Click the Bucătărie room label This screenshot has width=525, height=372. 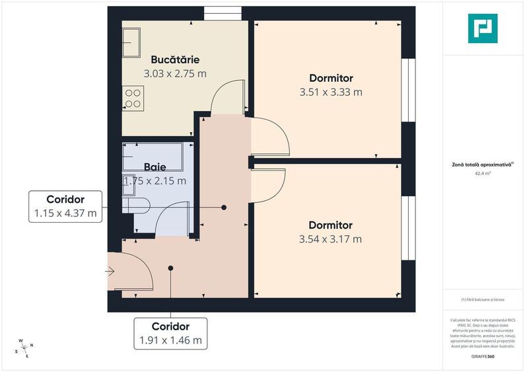(175, 58)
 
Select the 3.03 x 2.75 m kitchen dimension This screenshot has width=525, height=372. (175, 73)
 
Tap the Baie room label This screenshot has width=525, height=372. (155, 167)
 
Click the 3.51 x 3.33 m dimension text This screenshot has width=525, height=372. (330, 92)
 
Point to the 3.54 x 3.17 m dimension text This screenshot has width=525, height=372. (330, 239)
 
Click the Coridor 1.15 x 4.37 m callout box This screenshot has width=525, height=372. (65, 206)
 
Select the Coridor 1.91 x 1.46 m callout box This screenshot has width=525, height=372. (170, 334)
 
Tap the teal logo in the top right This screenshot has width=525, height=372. (483, 28)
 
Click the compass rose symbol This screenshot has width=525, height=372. (24, 349)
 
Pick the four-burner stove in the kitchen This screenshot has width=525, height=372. (133, 98)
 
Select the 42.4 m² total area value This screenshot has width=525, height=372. (483, 174)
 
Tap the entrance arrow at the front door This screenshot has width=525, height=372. (110, 271)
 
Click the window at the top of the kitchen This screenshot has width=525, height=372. (214, 13)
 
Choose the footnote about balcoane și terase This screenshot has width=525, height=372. (483, 301)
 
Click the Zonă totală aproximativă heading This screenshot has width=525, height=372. (483, 165)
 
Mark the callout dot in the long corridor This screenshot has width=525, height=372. (224, 207)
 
